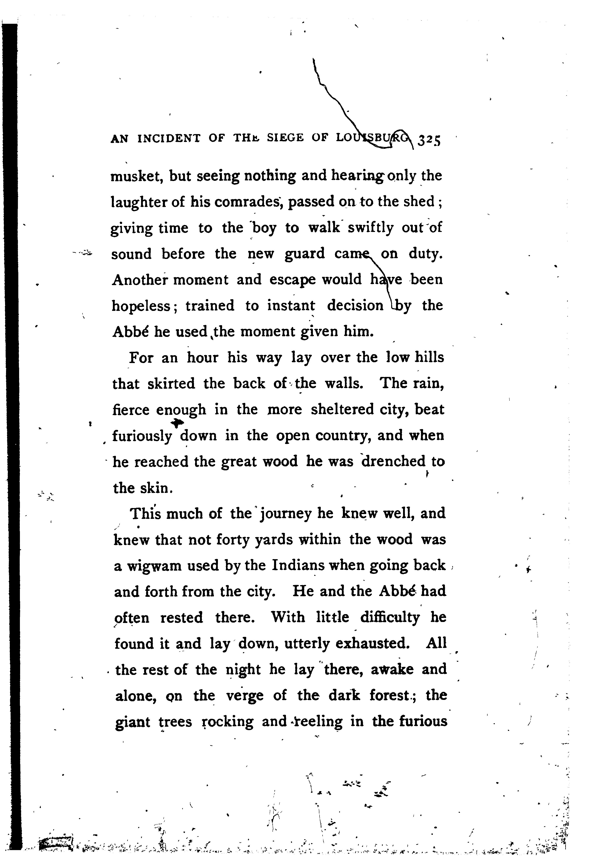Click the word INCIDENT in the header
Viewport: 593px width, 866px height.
169,139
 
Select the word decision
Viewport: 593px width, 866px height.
355,306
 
